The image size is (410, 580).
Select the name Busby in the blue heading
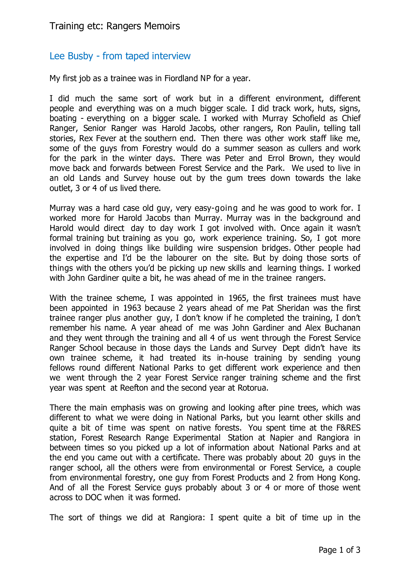(81, 56)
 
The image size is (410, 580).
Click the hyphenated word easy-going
(216, 208)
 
